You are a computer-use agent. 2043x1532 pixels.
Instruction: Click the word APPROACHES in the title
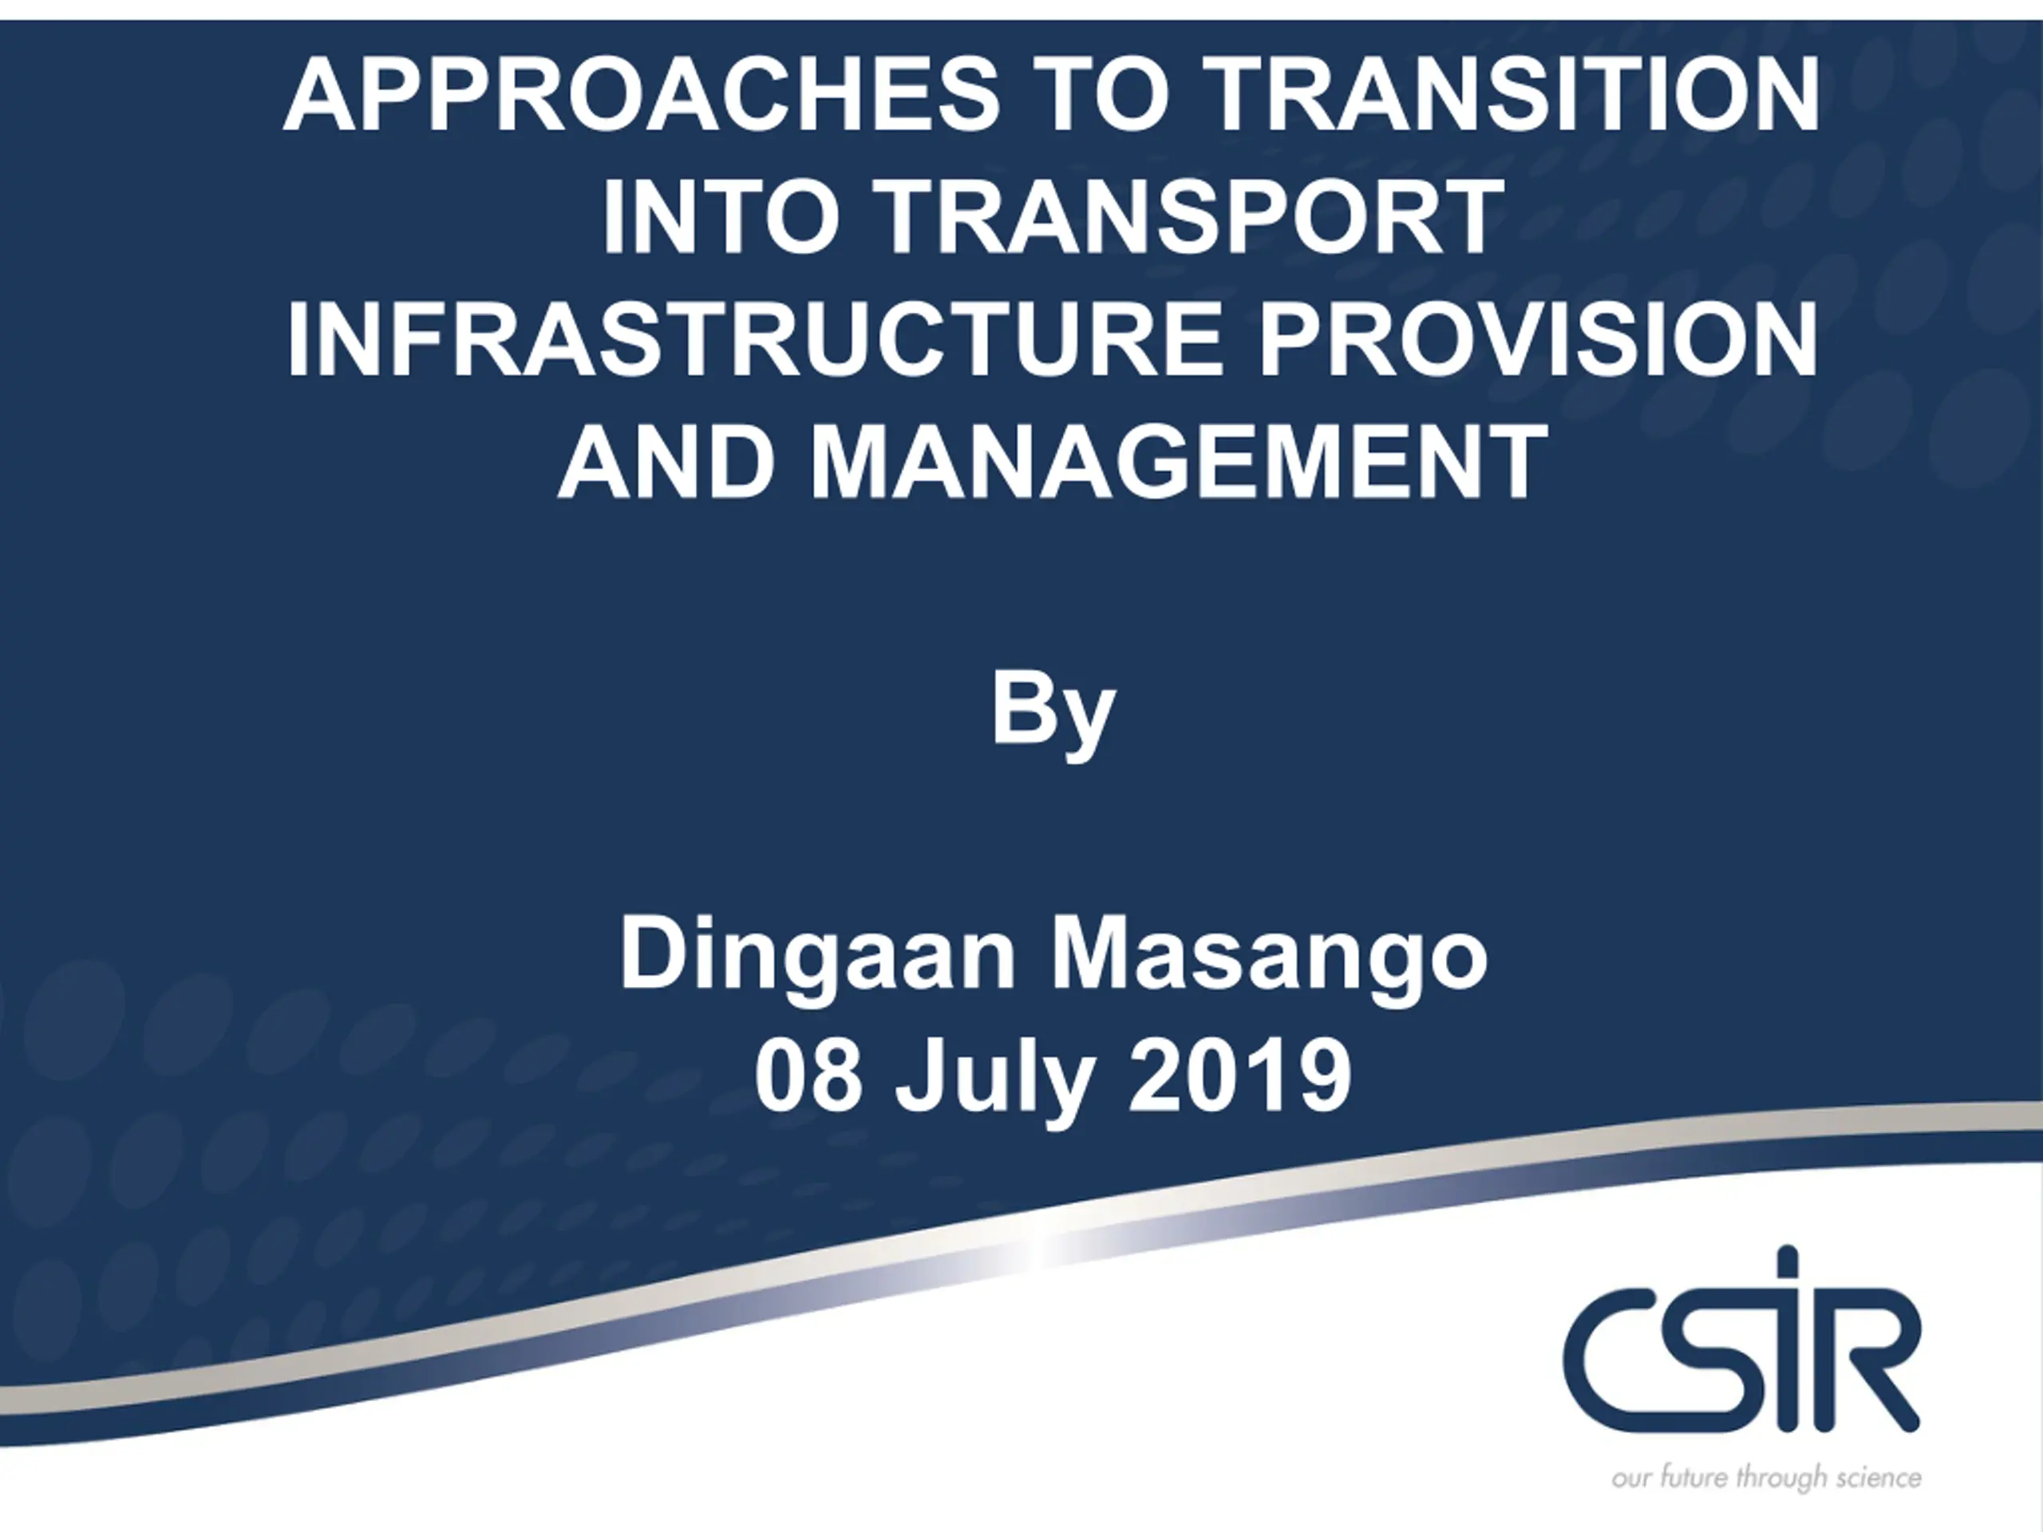pyautogui.click(x=642, y=95)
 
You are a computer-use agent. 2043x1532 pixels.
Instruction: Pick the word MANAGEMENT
pyautogui.click(x=1180, y=461)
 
